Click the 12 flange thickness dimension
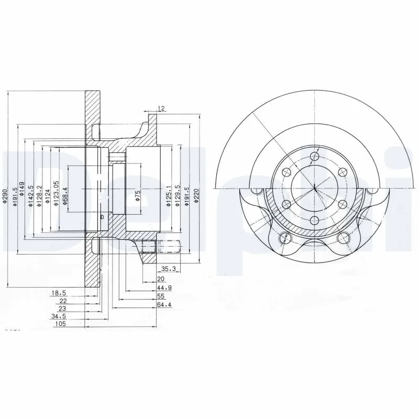click(x=161, y=108)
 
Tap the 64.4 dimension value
click(x=165, y=304)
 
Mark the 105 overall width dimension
click(x=60, y=325)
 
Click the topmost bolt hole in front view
click(x=314, y=156)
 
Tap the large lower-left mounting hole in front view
click(x=285, y=238)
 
